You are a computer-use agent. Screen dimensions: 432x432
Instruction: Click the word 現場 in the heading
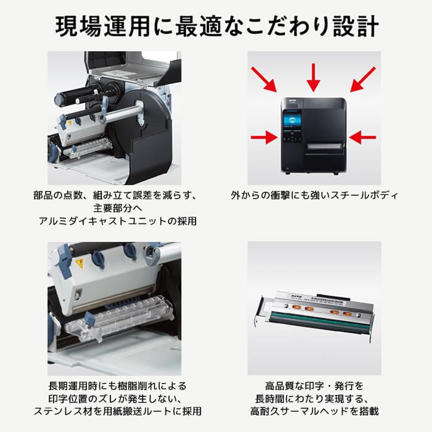pos(78,26)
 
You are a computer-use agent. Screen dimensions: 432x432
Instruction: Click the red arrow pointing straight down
pos(313,77)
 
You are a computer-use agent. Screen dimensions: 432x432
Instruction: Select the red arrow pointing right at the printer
pos(264,137)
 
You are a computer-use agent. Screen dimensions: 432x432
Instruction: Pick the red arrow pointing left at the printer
pos(363,137)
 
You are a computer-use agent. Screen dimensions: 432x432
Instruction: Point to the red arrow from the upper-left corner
pos(264,80)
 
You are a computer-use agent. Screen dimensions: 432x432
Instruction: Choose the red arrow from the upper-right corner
pos(363,80)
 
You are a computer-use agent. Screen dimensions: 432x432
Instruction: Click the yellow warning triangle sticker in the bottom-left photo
pos(80,264)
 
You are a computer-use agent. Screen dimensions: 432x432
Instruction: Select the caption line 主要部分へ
pos(118,208)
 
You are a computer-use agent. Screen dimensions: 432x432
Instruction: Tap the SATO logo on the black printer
pos(291,101)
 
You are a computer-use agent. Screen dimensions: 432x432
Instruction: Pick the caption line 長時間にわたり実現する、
pos(314,399)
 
